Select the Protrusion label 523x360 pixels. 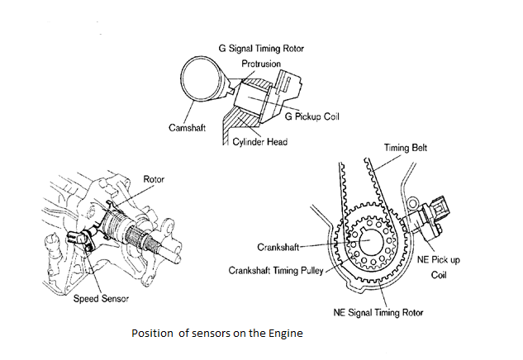pyautogui.click(x=262, y=63)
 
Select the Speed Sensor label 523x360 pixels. pyautogui.click(x=97, y=298)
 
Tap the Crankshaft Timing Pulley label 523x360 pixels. pyautogui.click(x=278, y=269)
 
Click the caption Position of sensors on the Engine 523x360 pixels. pyautogui.click(x=217, y=334)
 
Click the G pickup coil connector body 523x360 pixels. pyautogui.click(x=294, y=83)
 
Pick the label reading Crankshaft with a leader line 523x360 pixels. pyautogui.click(x=277, y=245)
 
